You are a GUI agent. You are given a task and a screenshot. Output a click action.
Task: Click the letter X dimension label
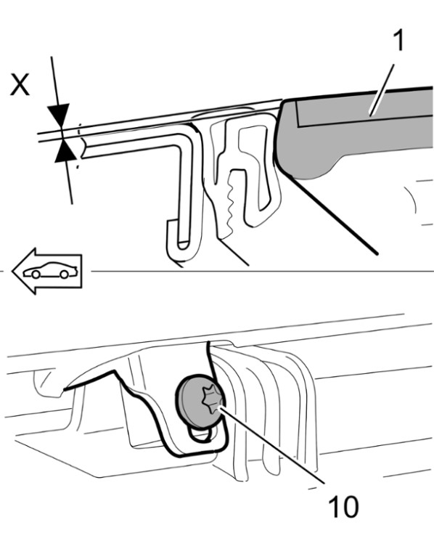coord(20,84)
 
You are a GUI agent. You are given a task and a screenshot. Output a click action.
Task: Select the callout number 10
coord(343,507)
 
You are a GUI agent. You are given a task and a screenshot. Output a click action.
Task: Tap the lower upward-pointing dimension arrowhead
coord(65,150)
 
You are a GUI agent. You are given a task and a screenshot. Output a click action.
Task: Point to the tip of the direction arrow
coord(12,271)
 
